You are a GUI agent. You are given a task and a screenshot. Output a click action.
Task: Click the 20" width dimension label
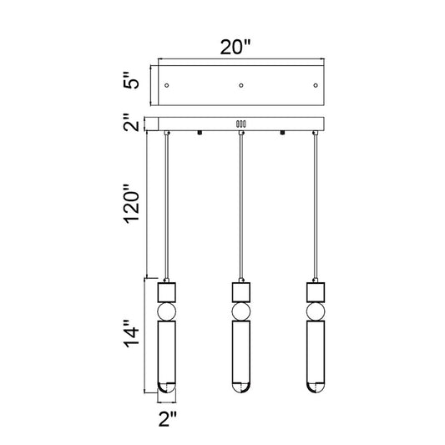coord(235,47)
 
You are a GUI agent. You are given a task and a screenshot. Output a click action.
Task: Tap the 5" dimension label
coord(131,80)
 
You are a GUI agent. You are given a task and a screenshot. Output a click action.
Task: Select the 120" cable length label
coord(132,204)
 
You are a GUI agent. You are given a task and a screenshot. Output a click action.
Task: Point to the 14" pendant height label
coord(131,334)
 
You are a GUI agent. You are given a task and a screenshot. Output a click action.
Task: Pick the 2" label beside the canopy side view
coord(131,123)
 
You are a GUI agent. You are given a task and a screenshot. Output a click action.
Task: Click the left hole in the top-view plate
coord(167,85)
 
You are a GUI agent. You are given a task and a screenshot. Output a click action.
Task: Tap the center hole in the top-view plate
coord(241,85)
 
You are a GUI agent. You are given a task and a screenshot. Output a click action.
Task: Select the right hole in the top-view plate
coord(316,85)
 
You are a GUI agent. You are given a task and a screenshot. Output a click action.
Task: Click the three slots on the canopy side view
coord(241,124)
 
